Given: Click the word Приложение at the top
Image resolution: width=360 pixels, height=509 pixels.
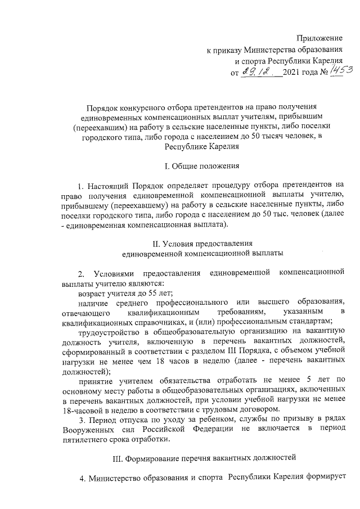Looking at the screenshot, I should coord(319,38).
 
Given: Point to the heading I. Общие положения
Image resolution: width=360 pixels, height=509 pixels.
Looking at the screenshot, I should coord(201,166).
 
